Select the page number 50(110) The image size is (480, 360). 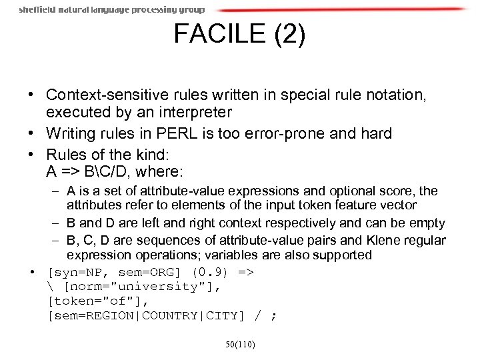pyautogui.click(x=239, y=345)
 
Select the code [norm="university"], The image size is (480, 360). pyautogui.click(x=141, y=286)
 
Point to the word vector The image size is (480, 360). pyautogui.click(x=398, y=205)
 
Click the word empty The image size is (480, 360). pyautogui.click(x=428, y=223)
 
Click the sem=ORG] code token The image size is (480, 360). pyautogui.click(x=148, y=273)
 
